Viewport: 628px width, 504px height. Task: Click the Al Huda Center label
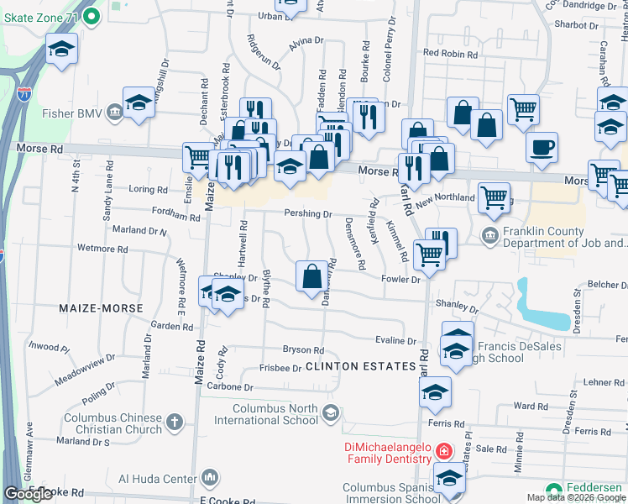click(156, 480)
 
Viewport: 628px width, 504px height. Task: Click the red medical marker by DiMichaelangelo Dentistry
click(444, 452)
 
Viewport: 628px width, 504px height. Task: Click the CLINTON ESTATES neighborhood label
click(360, 367)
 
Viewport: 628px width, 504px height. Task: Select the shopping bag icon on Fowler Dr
click(311, 276)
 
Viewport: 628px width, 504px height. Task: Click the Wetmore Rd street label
click(102, 249)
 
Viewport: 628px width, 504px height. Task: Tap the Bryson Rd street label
click(303, 350)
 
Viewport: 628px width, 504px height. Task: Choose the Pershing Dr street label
click(308, 214)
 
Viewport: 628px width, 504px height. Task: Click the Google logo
click(28, 495)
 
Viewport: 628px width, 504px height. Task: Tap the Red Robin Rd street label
click(450, 53)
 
